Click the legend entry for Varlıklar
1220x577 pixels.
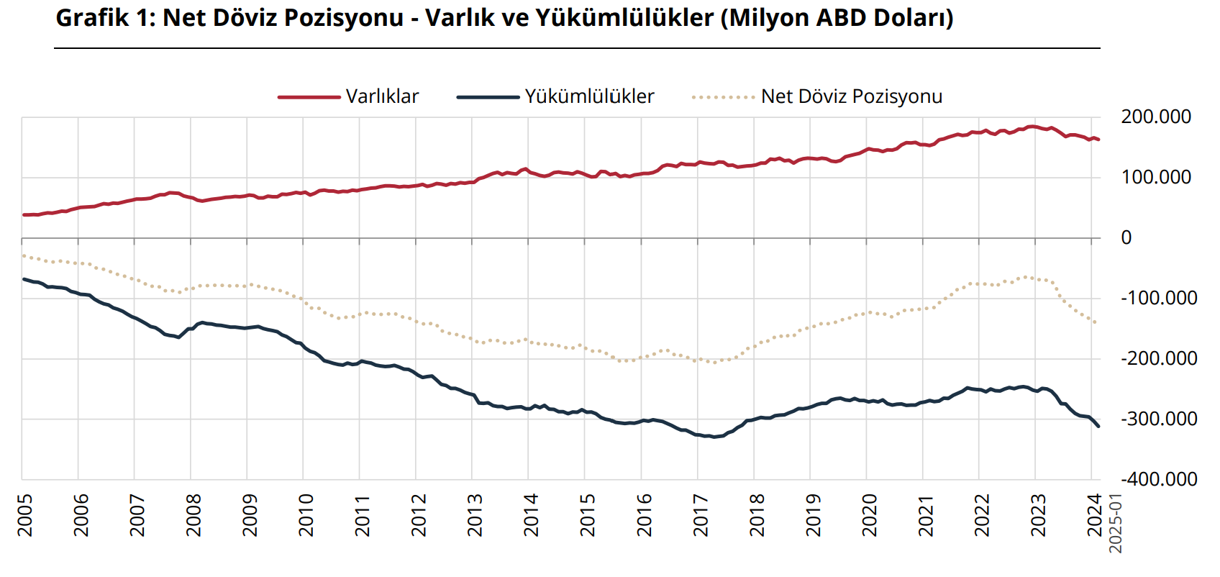(382, 96)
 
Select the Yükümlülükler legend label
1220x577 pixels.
(589, 96)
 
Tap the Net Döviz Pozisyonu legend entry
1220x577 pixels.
(852, 96)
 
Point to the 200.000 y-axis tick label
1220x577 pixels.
(1156, 117)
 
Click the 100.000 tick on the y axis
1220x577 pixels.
(1156, 177)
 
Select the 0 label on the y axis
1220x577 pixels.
(1126, 237)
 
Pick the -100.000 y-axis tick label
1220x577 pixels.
(1158, 298)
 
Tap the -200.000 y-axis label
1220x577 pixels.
(1158, 358)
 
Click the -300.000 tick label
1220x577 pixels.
(1158, 419)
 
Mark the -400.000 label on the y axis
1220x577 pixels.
(1158, 479)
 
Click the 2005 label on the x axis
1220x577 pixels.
(25, 515)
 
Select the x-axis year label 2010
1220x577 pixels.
(306, 515)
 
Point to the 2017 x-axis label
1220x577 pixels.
(701, 515)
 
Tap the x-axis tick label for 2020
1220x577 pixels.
(870, 515)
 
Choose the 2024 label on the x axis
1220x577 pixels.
(1094, 515)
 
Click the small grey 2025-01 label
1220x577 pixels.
(1116, 524)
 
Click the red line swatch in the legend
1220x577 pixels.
(309, 97)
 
